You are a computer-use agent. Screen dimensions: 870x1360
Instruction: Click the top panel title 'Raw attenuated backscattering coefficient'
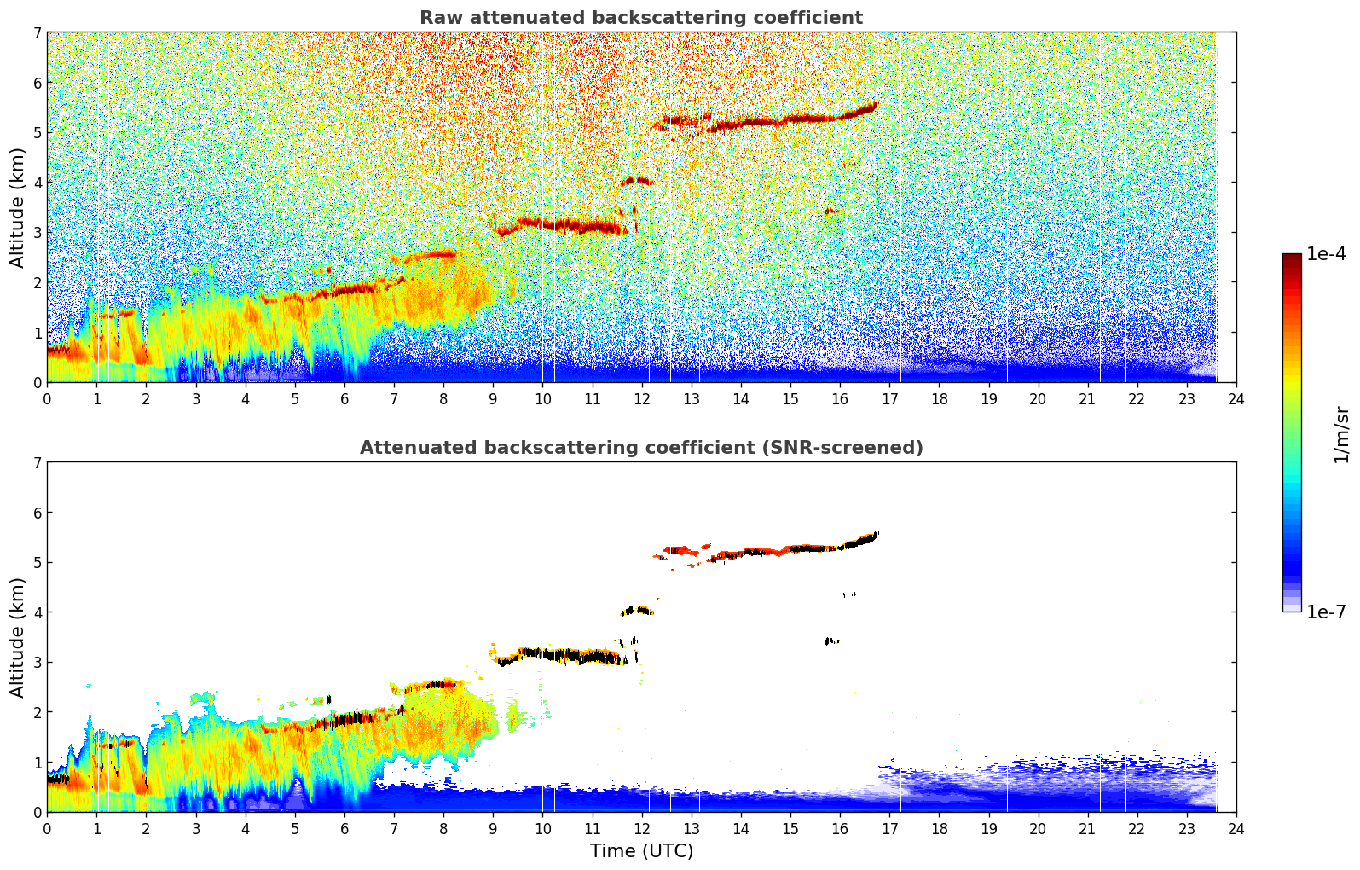click(641, 18)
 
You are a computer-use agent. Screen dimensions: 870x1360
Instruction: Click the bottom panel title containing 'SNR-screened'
click(641, 448)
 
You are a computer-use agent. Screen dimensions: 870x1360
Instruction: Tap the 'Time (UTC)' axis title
click(641, 851)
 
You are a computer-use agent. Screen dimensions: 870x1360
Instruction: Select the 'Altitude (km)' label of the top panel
click(17, 207)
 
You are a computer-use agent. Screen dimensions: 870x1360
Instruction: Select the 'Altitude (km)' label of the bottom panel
click(17, 637)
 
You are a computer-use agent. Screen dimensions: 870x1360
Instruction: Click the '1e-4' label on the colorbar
click(1326, 254)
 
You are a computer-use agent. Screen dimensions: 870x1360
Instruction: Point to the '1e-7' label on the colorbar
click(1326, 612)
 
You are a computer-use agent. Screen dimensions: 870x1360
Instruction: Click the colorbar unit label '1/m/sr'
click(1341, 433)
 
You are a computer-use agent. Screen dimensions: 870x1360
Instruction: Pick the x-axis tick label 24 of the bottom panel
click(1236, 828)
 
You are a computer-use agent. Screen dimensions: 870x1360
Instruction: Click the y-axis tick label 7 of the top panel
click(37, 32)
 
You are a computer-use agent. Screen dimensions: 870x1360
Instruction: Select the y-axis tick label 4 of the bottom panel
click(37, 612)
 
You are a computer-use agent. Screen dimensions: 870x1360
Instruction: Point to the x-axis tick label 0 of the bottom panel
click(47, 828)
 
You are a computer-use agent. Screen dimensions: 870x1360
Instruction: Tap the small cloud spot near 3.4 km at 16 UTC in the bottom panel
click(832, 641)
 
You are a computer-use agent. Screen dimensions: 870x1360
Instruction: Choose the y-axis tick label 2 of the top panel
click(37, 282)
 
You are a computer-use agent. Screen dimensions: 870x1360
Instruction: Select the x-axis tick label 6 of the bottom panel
click(344, 828)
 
